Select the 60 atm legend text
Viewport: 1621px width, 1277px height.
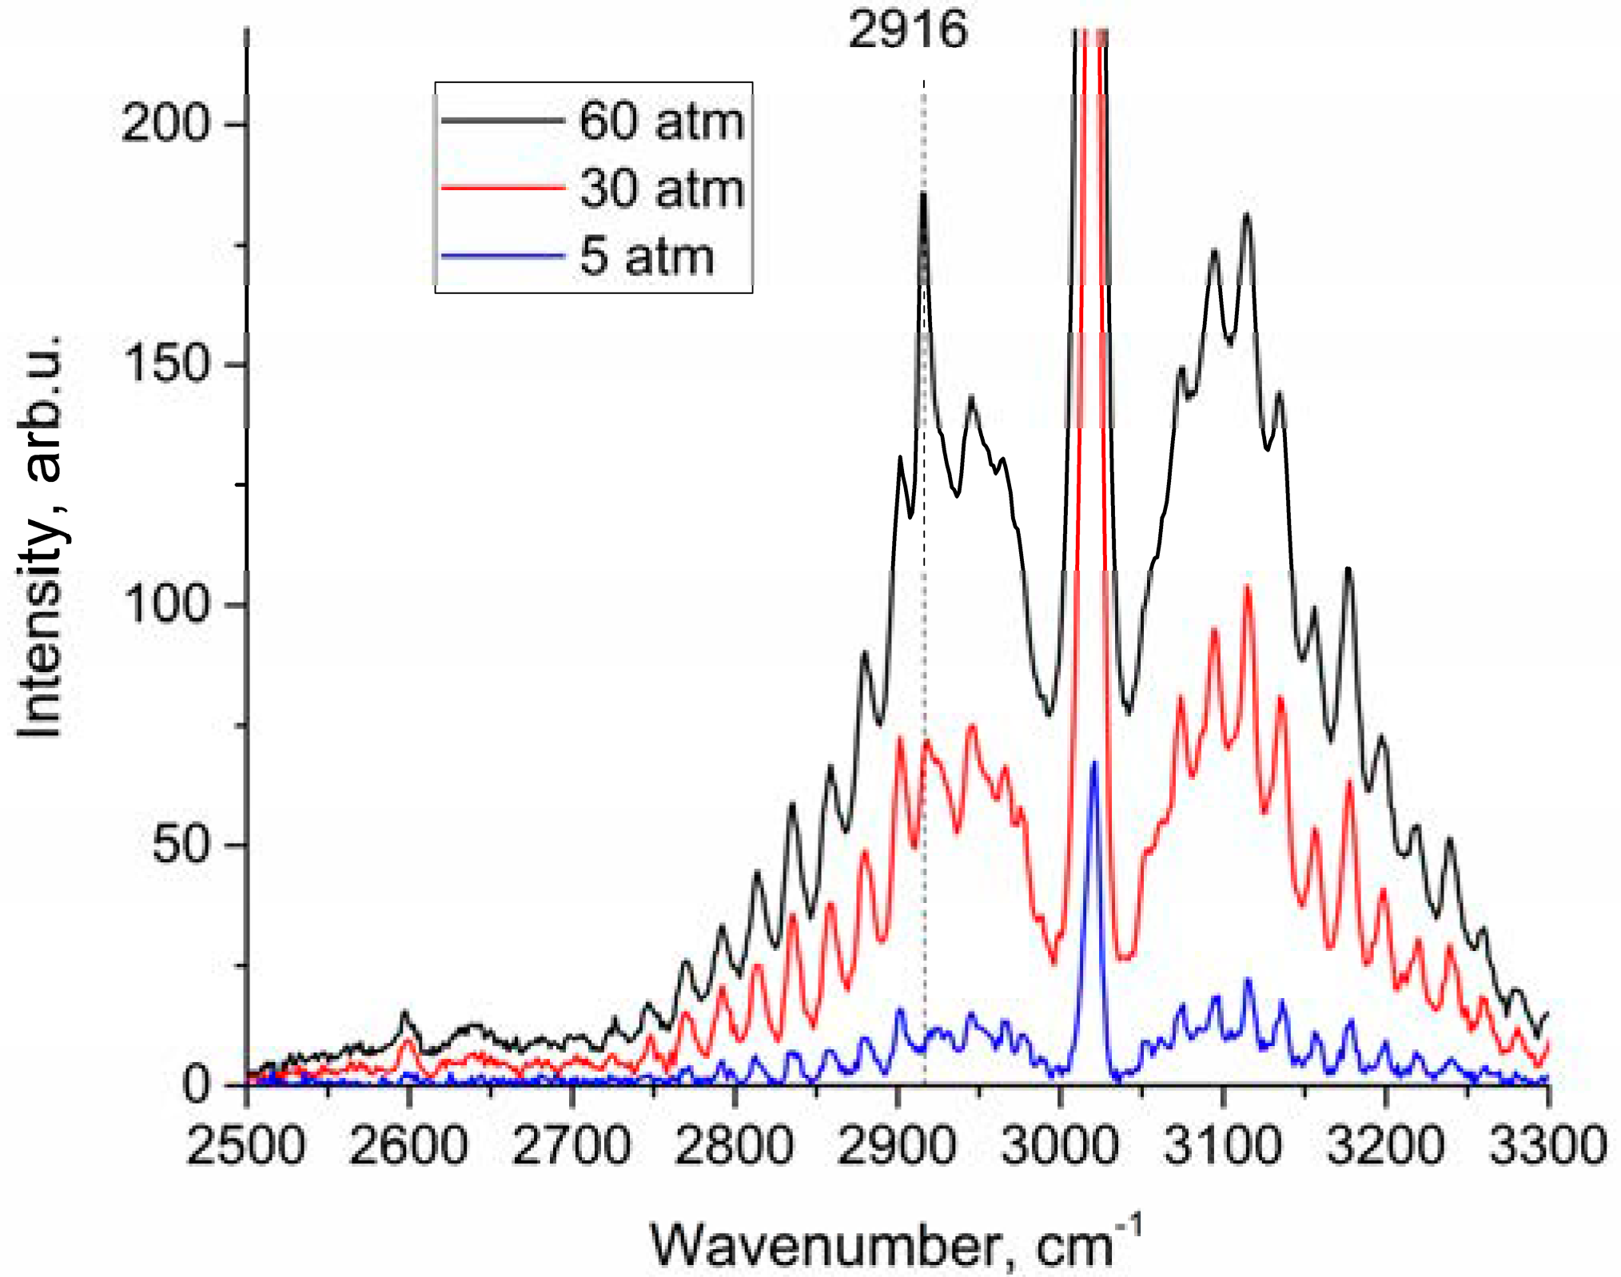tap(662, 122)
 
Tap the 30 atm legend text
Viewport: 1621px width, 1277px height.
tap(662, 189)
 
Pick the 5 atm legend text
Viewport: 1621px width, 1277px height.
tap(646, 257)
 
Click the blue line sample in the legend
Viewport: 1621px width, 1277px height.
tap(503, 257)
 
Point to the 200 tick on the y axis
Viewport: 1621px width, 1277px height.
tap(165, 125)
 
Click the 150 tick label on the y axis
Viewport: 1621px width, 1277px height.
tap(165, 364)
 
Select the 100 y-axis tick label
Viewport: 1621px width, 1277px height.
tap(165, 604)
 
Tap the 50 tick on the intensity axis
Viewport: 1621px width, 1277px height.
tap(181, 845)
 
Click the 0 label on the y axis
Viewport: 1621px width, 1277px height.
tap(196, 1084)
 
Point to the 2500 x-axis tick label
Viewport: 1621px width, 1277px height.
tap(246, 1144)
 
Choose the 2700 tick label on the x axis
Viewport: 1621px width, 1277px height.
tap(571, 1144)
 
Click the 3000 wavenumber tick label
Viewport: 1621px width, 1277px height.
tap(1060, 1144)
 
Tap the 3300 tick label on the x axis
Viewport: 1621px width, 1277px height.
tap(1547, 1144)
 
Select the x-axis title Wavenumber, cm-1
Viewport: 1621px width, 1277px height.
tap(895, 1243)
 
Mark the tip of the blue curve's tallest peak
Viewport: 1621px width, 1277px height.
tap(1094, 763)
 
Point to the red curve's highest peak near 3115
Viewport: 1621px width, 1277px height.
tap(1247, 587)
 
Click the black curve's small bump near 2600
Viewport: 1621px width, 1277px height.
tap(405, 1012)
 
